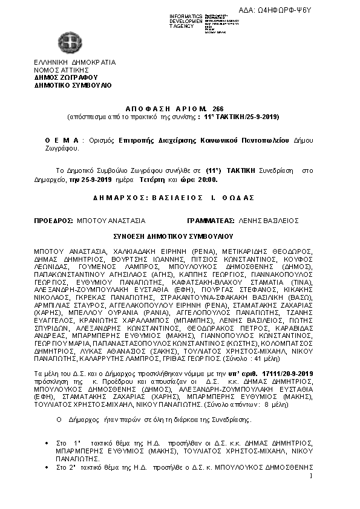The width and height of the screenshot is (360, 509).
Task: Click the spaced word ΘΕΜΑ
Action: (x=62, y=140)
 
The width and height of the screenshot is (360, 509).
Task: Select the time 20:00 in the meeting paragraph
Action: (x=208, y=180)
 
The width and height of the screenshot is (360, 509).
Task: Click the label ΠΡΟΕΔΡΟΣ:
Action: (x=54, y=221)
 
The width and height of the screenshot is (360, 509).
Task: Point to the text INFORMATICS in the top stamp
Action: (x=186, y=15)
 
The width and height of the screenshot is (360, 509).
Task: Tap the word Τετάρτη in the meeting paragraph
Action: (x=151, y=180)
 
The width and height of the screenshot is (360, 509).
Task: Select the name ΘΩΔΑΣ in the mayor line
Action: (x=240, y=198)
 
